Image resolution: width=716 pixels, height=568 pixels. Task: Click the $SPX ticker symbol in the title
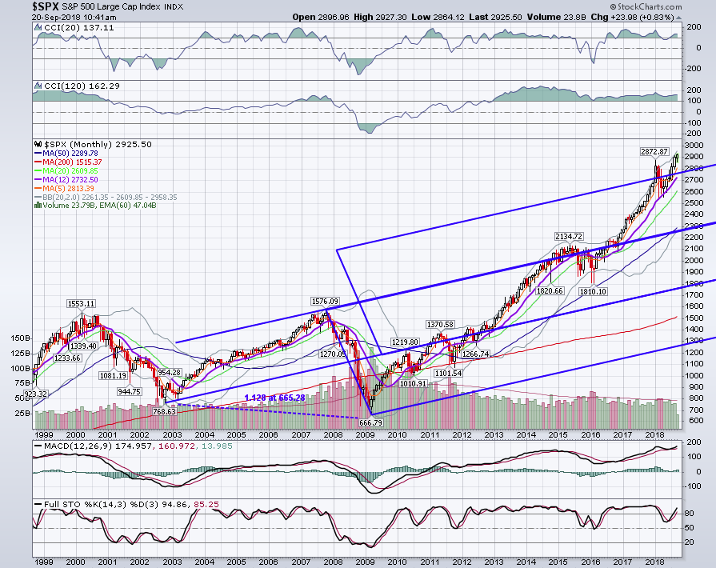pos(46,6)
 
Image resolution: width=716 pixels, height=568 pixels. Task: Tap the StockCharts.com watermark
pos(646,7)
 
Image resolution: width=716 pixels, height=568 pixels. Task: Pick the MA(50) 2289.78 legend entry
pos(66,154)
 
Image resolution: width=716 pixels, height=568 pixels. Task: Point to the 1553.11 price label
pos(82,304)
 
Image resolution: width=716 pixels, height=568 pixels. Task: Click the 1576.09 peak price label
pos(325,302)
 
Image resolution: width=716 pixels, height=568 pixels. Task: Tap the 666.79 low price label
pos(370,423)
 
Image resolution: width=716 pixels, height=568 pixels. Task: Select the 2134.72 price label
pos(569,236)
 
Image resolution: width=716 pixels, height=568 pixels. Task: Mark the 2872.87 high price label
pos(654,151)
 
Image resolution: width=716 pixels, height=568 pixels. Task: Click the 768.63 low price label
pos(164,411)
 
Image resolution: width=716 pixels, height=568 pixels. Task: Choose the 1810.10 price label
pos(593,291)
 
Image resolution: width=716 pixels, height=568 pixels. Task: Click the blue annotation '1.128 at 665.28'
pos(275,398)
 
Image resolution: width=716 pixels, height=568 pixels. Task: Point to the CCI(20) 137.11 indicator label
pos(75,28)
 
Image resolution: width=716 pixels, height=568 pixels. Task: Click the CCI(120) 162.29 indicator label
pos(78,86)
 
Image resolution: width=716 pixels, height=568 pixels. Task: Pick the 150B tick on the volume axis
pos(21,338)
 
